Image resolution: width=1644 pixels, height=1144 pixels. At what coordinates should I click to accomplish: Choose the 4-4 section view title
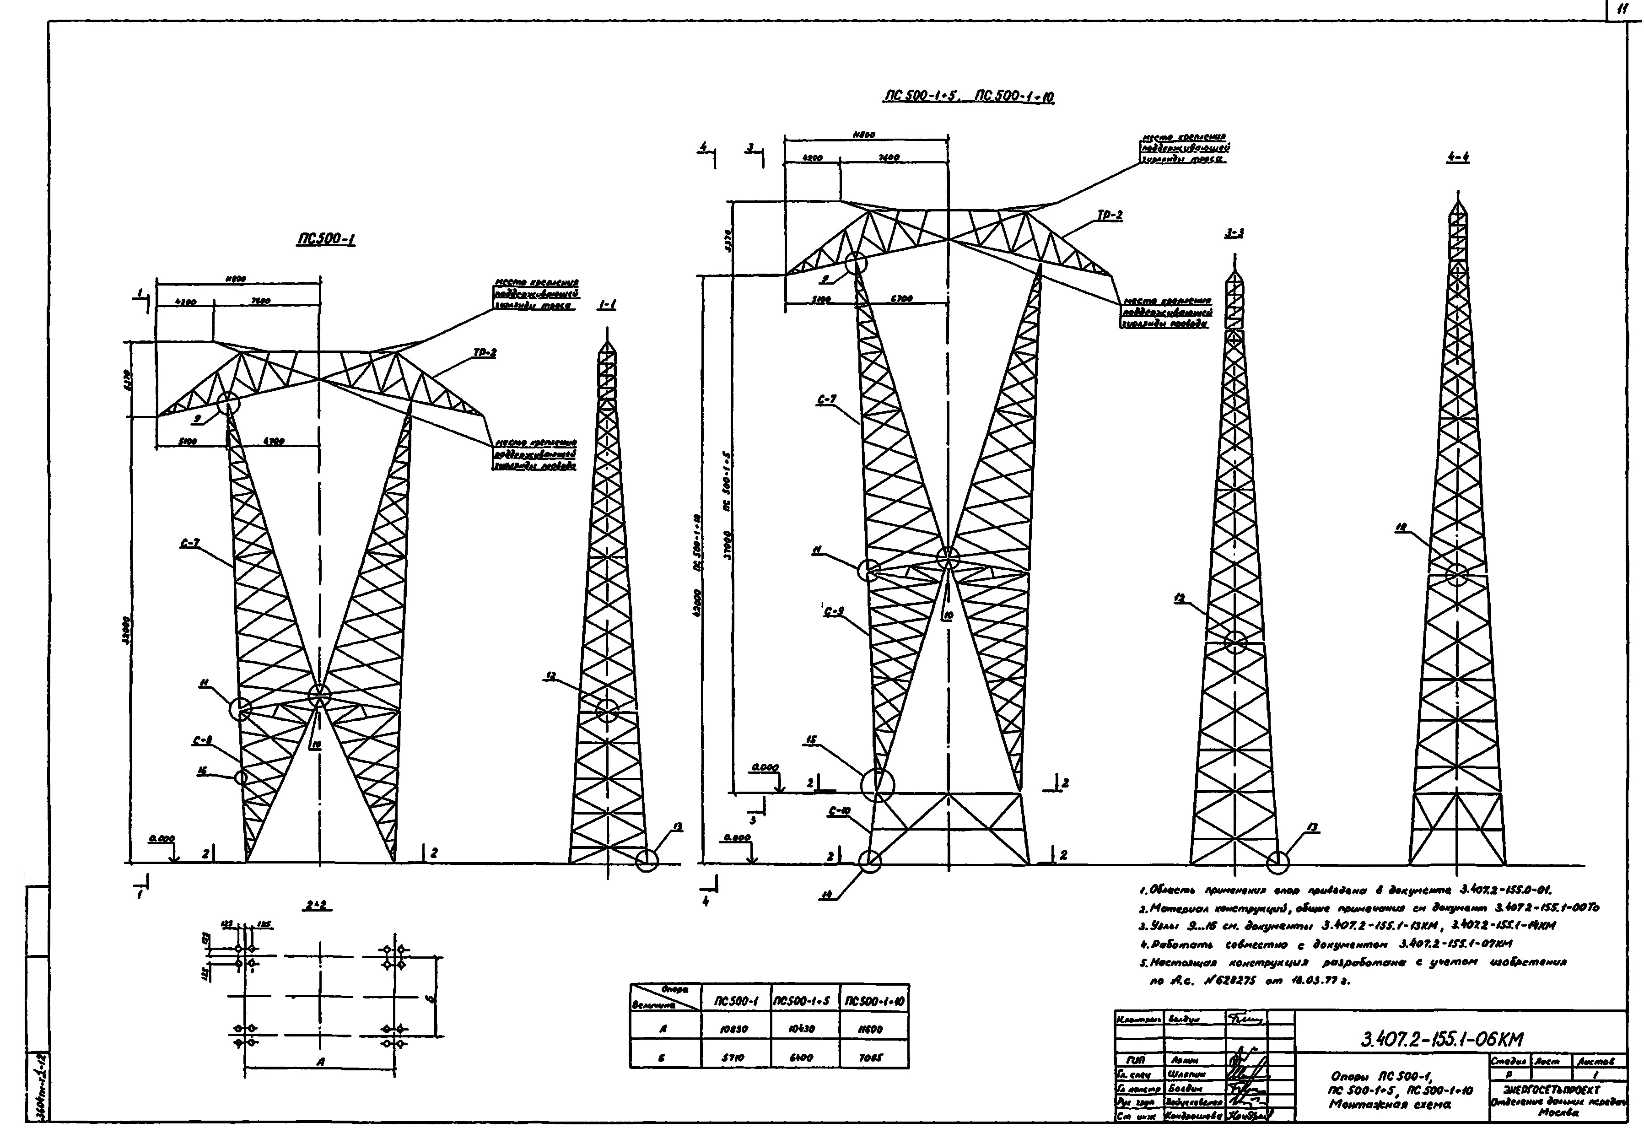(1457, 157)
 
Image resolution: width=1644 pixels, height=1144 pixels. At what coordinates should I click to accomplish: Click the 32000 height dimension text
(125, 630)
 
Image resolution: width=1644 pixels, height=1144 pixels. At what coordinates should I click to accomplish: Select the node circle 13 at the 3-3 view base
(1277, 863)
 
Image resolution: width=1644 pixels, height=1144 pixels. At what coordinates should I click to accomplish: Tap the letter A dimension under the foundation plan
(320, 1063)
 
